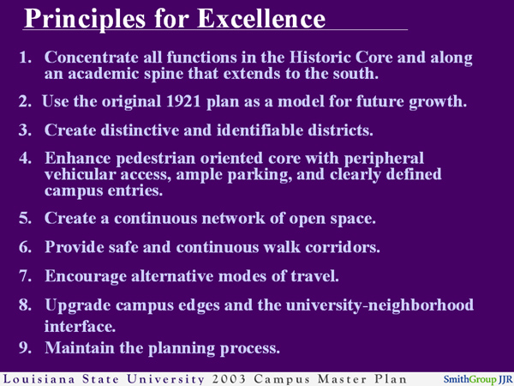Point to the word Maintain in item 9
(x=81, y=349)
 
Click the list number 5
(x=27, y=218)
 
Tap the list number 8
(x=27, y=305)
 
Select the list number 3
(x=27, y=131)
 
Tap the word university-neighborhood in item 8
(x=380, y=305)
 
